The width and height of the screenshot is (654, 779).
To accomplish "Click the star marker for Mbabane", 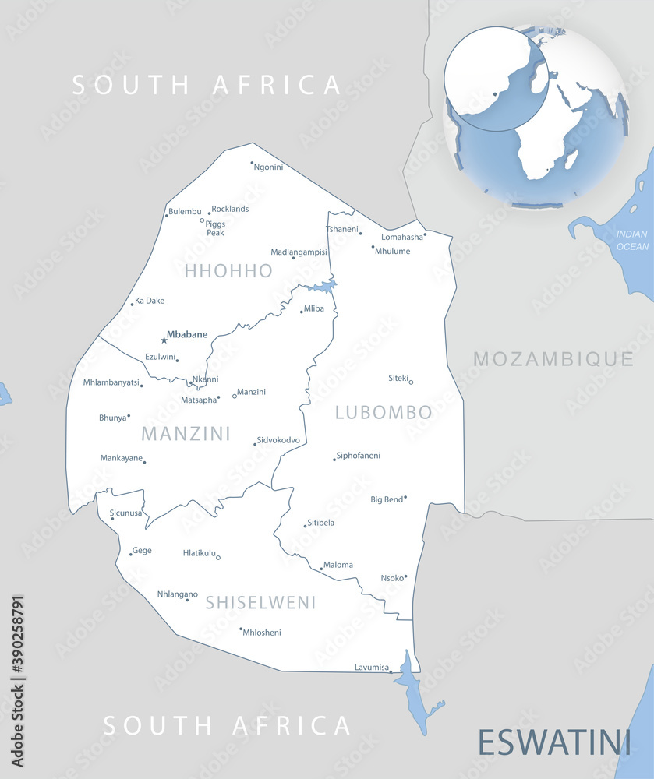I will click(x=164, y=340).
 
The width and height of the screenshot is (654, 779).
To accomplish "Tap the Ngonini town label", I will click(x=269, y=167).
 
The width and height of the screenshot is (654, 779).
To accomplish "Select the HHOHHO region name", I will click(x=228, y=271).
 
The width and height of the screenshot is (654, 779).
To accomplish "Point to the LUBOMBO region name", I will click(x=384, y=412).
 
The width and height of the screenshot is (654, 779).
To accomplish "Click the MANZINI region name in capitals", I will click(x=186, y=433).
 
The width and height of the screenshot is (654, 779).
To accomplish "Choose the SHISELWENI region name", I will click(x=261, y=602).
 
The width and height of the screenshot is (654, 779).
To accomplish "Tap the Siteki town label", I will click(x=398, y=378).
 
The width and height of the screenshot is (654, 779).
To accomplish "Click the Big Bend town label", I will click(x=387, y=499).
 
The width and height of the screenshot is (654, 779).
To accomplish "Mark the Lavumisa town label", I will click(x=371, y=667).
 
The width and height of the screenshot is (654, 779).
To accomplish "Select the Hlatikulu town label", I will click(x=198, y=552).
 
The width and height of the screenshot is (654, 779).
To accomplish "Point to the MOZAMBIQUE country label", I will click(x=553, y=359).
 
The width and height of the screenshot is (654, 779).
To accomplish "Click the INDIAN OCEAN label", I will click(x=632, y=240).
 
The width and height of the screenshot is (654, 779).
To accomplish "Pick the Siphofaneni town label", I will click(x=359, y=456).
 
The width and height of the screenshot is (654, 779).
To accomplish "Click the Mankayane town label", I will click(x=122, y=458).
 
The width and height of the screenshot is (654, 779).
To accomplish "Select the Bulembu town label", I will click(x=186, y=212).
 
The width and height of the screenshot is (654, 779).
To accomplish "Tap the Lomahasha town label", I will click(x=402, y=237).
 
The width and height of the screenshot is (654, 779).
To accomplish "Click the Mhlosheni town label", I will click(x=262, y=633).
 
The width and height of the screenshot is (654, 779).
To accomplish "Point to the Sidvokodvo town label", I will click(x=279, y=440).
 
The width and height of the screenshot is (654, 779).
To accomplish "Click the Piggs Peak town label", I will click(x=215, y=228).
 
